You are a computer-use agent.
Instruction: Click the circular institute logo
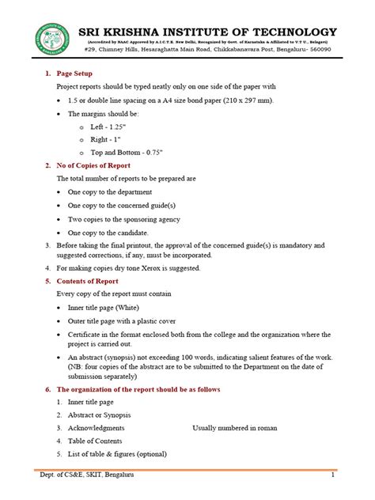pos(50,39)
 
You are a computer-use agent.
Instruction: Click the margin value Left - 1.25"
pos(111,127)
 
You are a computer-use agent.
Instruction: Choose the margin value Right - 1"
pos(108,138)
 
